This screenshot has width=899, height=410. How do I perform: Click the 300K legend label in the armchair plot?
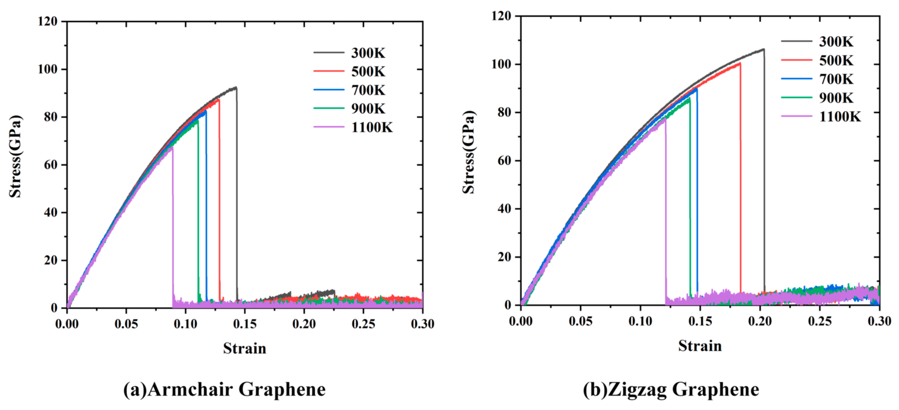tap(368, 53)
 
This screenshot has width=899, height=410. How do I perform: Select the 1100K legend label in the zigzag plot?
tap(840, 117)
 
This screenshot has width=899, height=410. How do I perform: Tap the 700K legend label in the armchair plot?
tap(368, 90)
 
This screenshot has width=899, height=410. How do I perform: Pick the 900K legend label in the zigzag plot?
tap(836, 98)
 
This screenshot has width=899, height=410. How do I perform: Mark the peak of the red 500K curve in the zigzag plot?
tap(740, 63)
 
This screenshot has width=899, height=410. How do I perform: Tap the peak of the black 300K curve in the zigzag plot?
tap(764, 49)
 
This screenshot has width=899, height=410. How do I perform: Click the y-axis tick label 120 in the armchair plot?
tap(48, 22)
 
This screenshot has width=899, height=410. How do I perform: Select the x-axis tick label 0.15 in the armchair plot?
tap(245, 324)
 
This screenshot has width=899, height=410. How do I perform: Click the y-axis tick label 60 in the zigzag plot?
tap(503, 161)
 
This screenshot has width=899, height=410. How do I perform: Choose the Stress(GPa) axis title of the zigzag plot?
tap(469, 152)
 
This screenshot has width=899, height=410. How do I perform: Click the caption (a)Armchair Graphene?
tap(225, 389)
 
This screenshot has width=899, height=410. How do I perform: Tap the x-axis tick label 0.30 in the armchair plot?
tap(422, 324)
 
